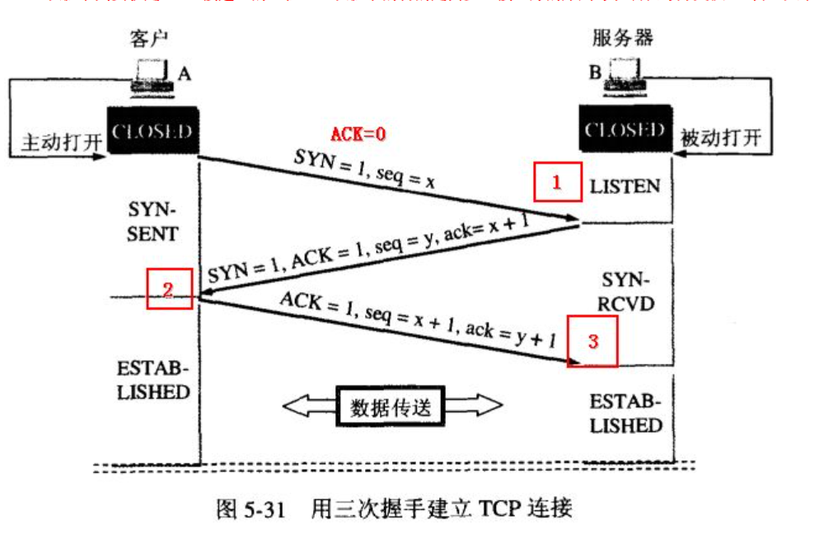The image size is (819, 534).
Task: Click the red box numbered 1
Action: point(556,183)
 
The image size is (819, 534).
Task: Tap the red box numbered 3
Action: point(592,340)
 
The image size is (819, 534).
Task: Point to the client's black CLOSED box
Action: point(152,130)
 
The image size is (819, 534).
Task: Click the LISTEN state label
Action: point(625,186)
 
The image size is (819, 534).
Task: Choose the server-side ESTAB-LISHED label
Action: point(626,414)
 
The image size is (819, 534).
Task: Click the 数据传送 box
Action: point(391,407)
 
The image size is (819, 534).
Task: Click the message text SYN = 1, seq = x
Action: point(363,170)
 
